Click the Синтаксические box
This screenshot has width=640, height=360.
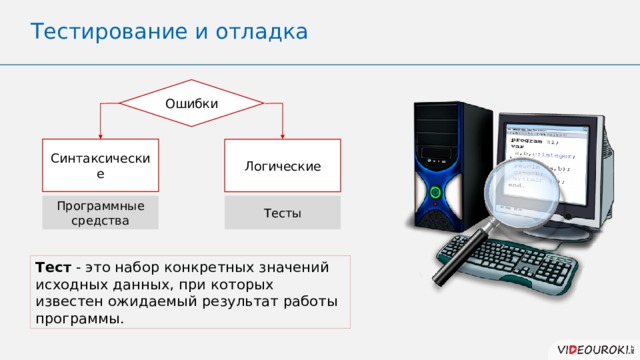click(100, 165)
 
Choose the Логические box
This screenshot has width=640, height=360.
click(282, 165)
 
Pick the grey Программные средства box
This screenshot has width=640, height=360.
click(100, 212)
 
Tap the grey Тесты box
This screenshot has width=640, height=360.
click(282, 213)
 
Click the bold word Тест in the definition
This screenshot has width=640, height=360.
click(52, 267)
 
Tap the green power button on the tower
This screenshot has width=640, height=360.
click(435, 191)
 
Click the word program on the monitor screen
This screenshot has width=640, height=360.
click(527, 142)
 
